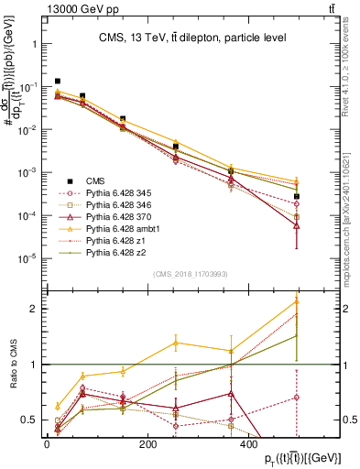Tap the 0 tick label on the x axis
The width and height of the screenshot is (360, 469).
47,442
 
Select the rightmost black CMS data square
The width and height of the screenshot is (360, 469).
296,196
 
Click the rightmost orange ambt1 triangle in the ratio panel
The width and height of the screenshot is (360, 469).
296,300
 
